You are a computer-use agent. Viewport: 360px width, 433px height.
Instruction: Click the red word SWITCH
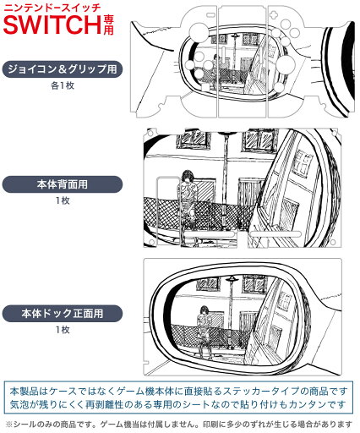(x=52, y=25)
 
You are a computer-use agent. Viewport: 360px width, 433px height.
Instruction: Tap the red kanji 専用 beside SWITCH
(x=108, y=25)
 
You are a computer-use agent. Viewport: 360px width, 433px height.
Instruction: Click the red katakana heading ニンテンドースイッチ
(x=52, y=8)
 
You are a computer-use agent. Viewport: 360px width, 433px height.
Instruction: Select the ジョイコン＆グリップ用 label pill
(x=63, y=69)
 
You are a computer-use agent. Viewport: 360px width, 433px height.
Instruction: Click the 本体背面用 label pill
(x=63, y=184)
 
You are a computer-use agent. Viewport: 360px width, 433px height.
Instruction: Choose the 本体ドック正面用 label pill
(x=63, y=314)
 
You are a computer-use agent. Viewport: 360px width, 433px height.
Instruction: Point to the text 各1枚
(x=63, y=85)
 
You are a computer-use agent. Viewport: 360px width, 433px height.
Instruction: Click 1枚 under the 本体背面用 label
(x=63, y=200)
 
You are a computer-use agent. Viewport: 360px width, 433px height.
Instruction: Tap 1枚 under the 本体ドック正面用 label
(x=63, y=330)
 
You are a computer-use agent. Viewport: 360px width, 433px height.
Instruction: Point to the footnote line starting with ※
(x=178, y=425)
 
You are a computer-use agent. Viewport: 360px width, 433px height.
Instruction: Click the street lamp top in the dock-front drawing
(x=232, y=279)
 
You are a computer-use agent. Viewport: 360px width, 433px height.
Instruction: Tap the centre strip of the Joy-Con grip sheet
(x=243, y=62)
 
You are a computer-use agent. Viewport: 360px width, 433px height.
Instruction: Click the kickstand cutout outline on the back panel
(x=168, y=211)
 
